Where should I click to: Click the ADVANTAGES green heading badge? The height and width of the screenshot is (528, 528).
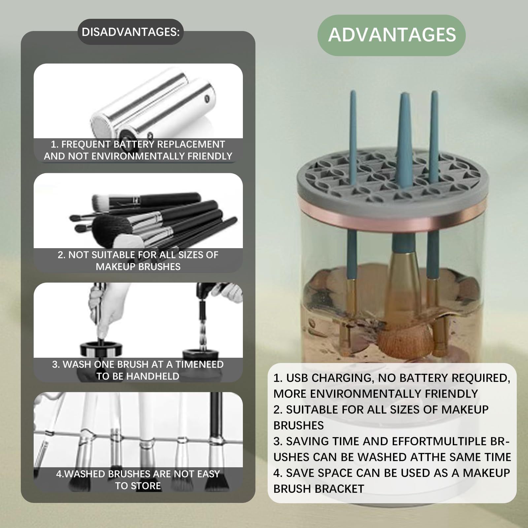391,35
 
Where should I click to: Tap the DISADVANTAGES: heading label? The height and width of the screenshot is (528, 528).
131,32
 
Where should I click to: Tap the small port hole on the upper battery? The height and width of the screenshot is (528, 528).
207,98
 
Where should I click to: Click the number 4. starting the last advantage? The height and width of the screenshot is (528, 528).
278,473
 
